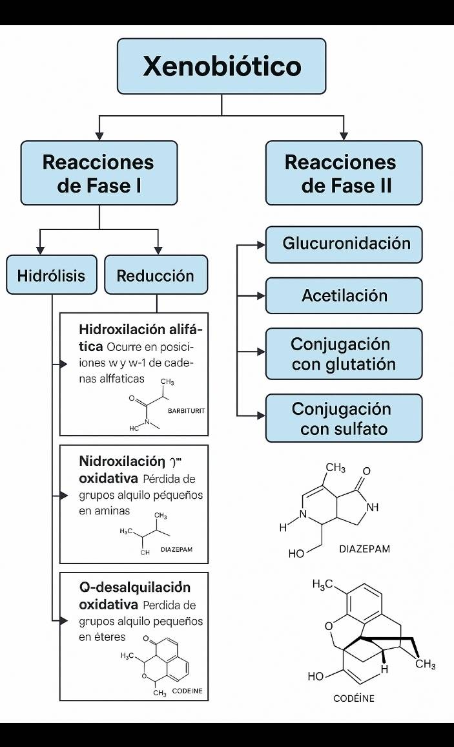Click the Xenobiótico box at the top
[x=222, y=66]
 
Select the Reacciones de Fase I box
[x=99, y=173]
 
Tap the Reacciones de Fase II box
[x=344, y=173]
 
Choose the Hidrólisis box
[x=51, y=275]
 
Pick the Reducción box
[x=156, y=275]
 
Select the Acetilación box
[x=344, y=296]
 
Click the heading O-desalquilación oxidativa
[x=134, y=596]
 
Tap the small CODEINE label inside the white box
[x=187, y=691]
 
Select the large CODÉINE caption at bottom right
[x=353, y=698]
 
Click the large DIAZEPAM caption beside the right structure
[x=364, y=549]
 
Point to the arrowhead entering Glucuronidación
[x=261, y=245]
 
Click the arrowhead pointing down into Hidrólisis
[x=41, y=251]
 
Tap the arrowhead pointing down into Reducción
[x=158, y=251]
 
